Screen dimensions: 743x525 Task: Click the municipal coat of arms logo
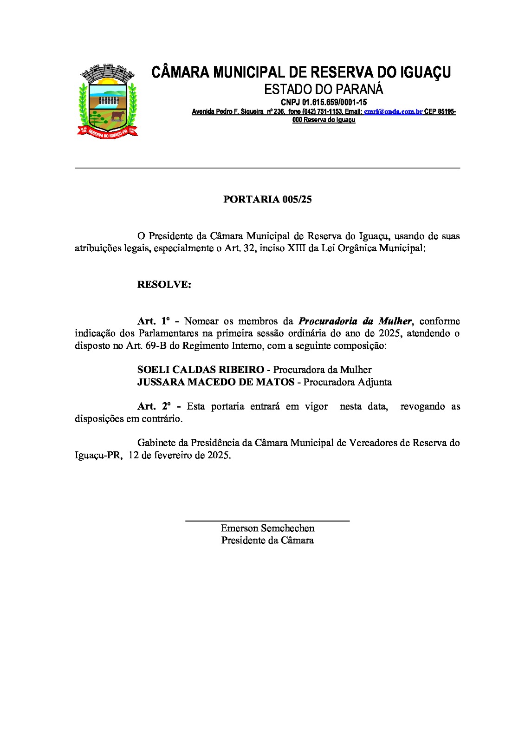click(107, 101)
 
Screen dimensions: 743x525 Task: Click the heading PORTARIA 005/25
click(267, 200)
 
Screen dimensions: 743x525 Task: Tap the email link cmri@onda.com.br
click(393, 112)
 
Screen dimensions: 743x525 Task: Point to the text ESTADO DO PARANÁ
click(324, 89)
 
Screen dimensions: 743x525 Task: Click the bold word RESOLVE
click(164, 285)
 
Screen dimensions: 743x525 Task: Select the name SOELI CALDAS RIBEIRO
click(201, 370)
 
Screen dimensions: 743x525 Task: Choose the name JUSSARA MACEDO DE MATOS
click(216, 382)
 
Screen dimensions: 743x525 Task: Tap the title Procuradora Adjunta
click(347, 382)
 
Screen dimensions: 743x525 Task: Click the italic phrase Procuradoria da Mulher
click(355, 321)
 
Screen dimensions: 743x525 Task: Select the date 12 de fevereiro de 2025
click(179, 455)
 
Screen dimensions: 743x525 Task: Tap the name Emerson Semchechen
click(267, 528)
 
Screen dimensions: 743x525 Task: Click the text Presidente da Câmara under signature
click(267, 541)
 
